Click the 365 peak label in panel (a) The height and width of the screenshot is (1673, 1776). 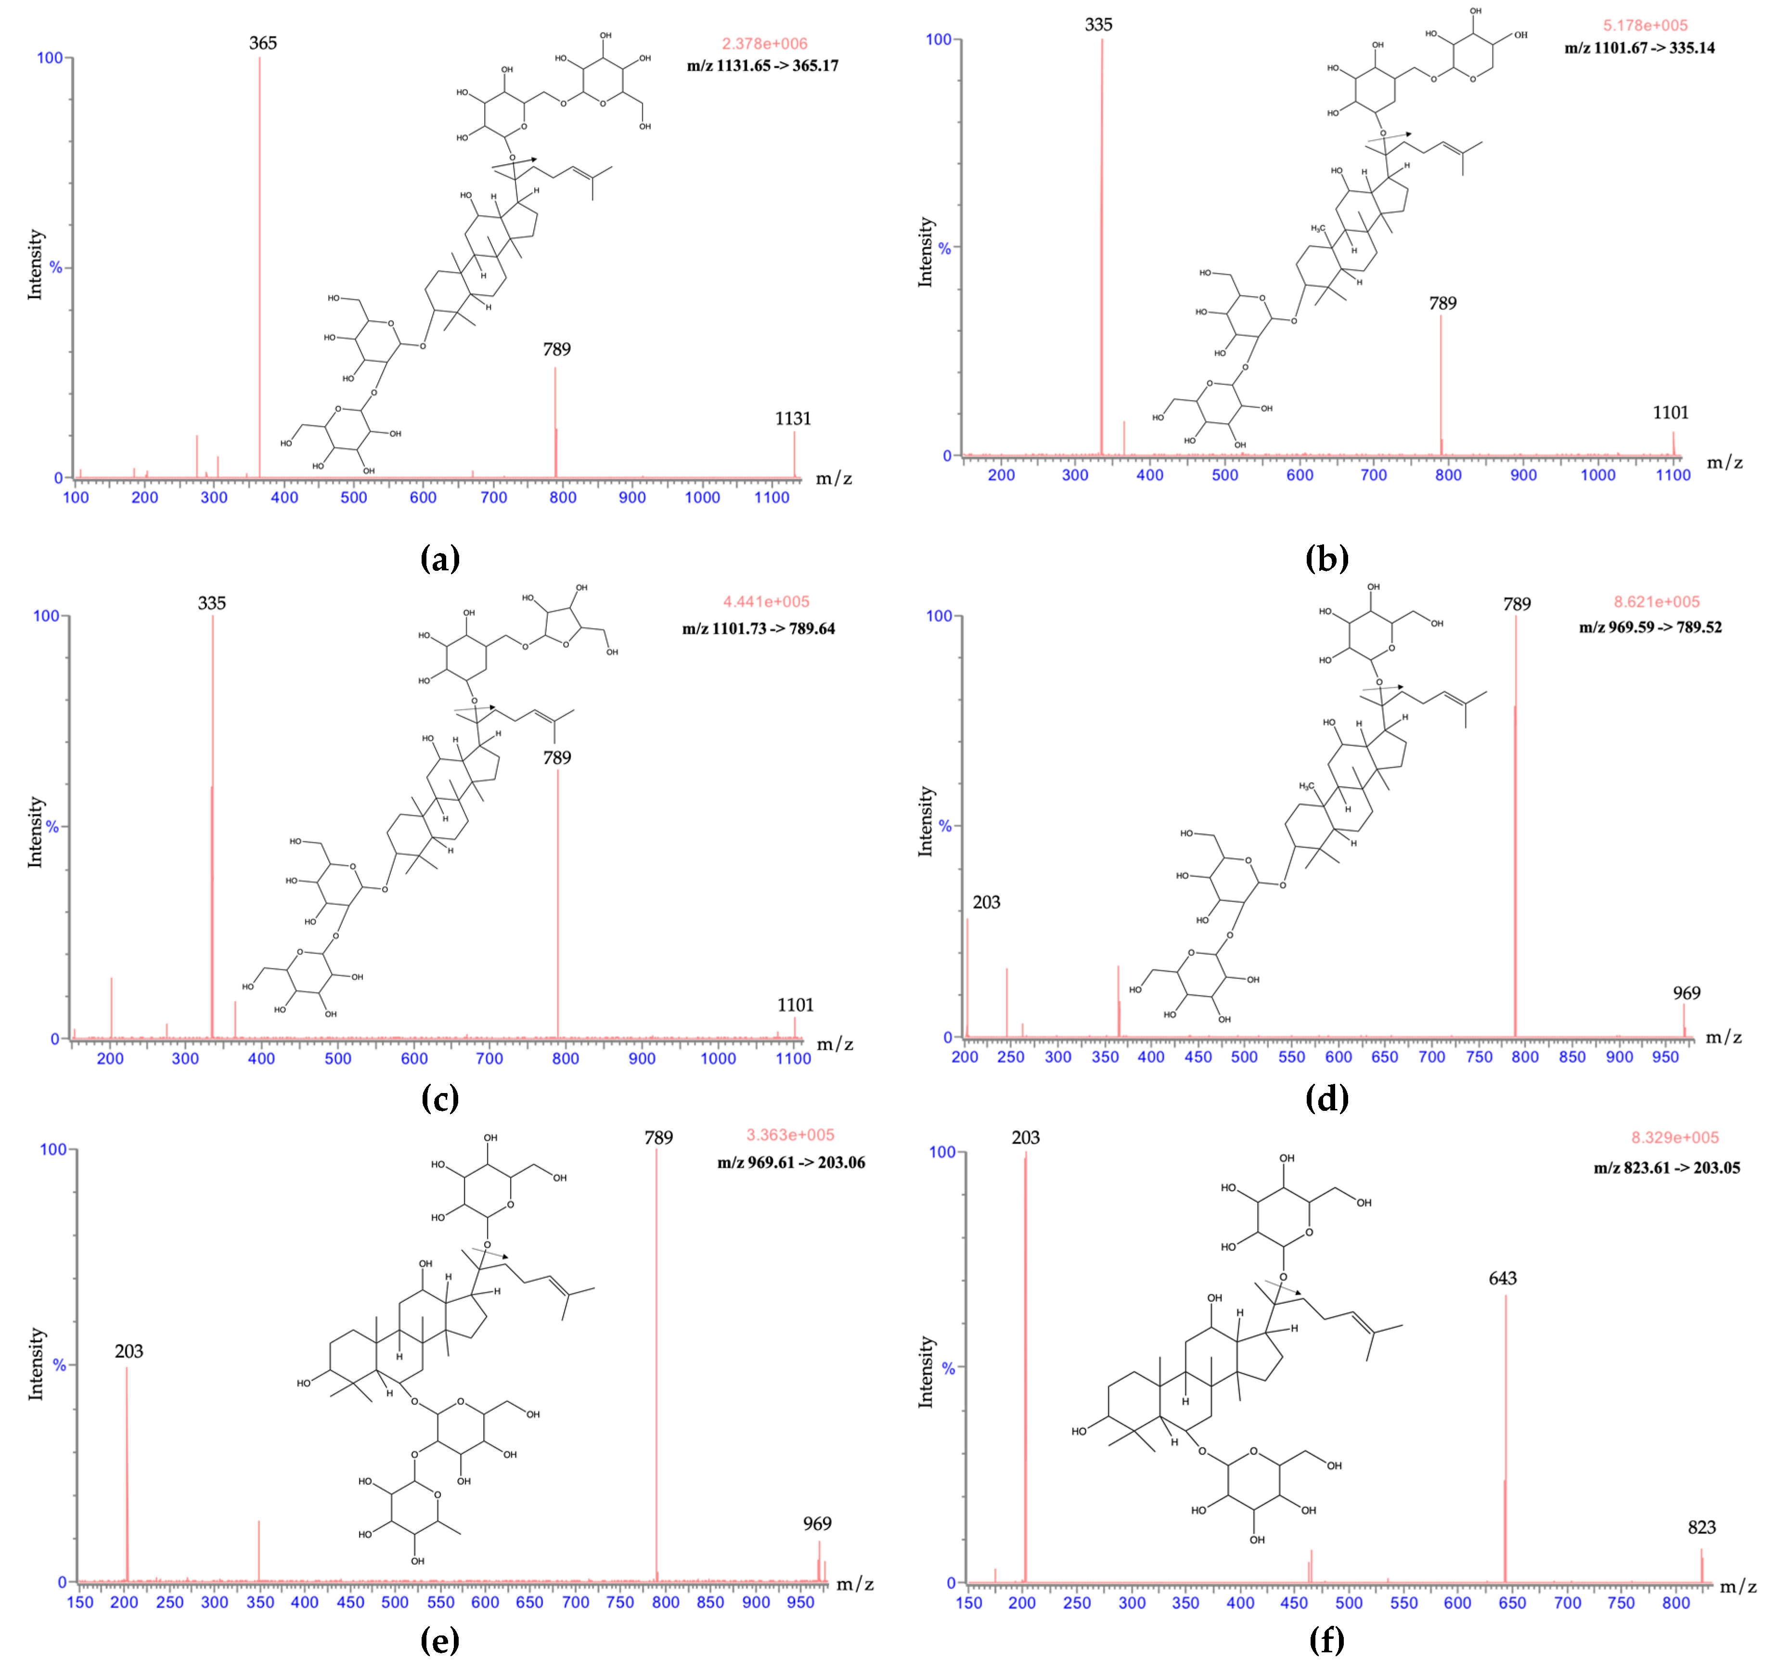[x=263, y=43]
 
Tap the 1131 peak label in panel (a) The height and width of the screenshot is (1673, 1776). [x=792, y=419]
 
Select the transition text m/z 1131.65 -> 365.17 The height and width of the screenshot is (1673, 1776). [x=762, y=65]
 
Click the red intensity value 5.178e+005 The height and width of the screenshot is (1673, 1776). [x=1645, y=25]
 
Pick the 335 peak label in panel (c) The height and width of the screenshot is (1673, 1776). [x=212, y=604]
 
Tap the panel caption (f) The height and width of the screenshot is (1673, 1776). [x=1326, y=1640]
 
